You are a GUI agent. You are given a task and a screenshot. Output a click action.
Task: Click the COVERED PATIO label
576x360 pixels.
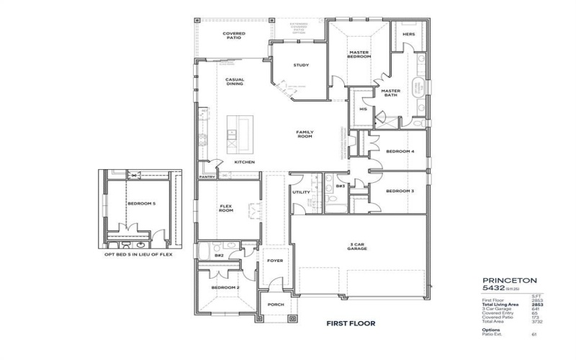pos(234,35)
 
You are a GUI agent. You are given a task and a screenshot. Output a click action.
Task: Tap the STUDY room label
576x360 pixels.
pos(301,66)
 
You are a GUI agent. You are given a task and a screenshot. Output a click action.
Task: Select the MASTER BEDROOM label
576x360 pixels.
pos(359,55)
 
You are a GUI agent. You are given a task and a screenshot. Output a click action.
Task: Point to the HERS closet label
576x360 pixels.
pos(408,34)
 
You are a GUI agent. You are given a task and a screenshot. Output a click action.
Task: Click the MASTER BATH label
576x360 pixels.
pos(390,93)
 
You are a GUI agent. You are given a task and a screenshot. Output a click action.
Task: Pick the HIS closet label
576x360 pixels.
pos(363,109)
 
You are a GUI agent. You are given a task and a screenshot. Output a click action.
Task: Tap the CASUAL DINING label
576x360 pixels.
pos(235,81)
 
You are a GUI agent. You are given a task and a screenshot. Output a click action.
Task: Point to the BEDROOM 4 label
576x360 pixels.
pos(400,152)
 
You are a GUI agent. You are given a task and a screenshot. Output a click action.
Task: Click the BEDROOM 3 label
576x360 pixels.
pos(400,191)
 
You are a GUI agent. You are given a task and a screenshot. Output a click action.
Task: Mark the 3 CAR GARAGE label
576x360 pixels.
pos(359,247)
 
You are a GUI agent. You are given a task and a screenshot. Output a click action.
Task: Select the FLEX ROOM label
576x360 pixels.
pos(226,208)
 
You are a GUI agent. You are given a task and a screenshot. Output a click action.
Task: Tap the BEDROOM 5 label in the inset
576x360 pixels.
pos(141,204)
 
